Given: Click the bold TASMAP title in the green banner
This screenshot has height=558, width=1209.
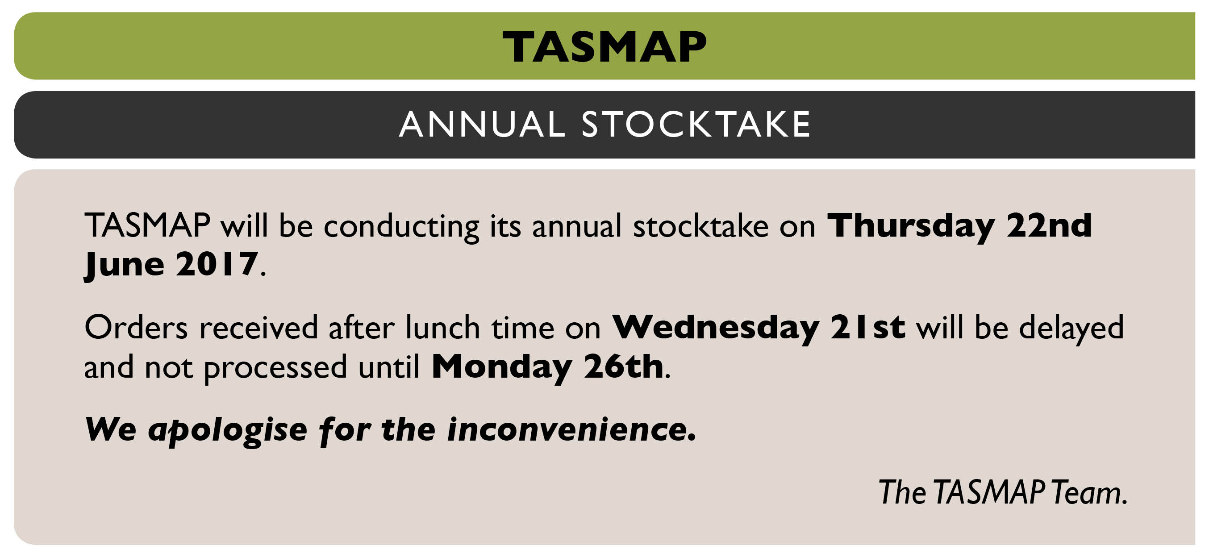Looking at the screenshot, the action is pyautogui.click(x=604, y=46).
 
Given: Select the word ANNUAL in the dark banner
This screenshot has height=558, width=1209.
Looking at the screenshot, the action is pyautogui.click(x=482, y=125).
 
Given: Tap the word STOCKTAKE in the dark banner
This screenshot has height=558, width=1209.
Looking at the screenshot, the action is pyautogui.click(x=696, y=125).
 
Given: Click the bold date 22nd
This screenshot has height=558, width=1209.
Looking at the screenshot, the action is pyautogui.click(x=1050, y=225).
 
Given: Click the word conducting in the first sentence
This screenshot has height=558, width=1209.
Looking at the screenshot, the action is pyautogui.click(x=401, y=227).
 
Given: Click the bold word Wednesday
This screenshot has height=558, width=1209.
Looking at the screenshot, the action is pyautogui.click(x=716, y=329).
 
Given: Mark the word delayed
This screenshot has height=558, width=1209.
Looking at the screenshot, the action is pyautogui.click(x=1071, y=329).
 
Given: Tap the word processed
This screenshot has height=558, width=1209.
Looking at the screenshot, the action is pyautogui.click(x=275, y=368).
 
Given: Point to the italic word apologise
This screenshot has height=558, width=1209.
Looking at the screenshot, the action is pyautogui.click(x=228, y=431).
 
